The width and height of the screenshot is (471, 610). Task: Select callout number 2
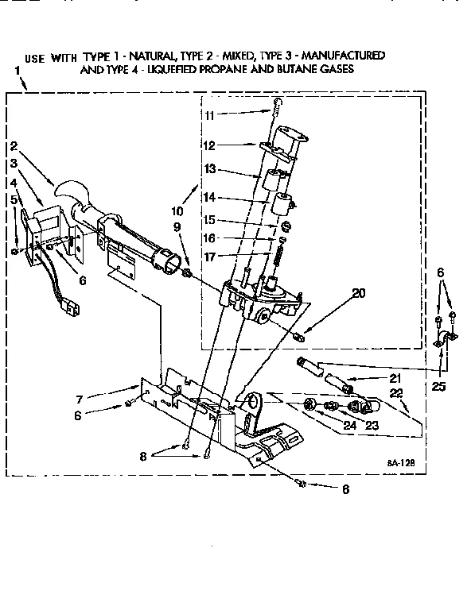(14, 146)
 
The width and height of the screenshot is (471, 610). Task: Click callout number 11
(209, 115)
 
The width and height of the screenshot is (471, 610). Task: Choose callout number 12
(209, 145)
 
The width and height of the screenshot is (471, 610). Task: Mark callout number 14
(209, 197)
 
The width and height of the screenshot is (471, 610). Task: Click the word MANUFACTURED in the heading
(339, 56)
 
